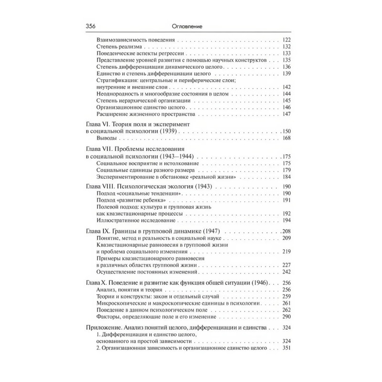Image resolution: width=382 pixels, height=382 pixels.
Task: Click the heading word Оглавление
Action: pyautogui.click(x=191, y=27)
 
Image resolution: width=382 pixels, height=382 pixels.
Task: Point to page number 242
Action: pyautogui.click(x=286, y=272)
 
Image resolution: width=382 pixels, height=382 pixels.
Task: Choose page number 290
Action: pyautogui.click(x=286, y=317)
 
